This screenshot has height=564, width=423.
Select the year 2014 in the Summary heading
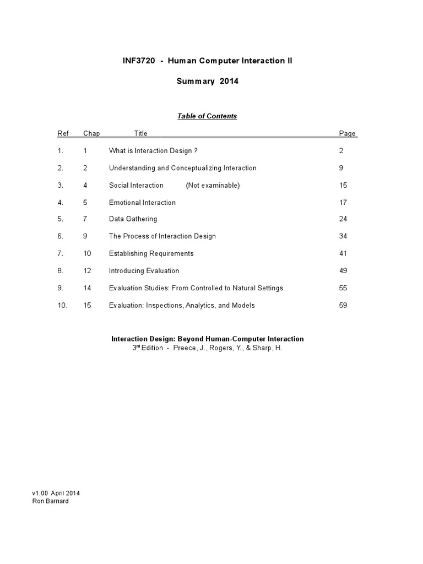pyautogui.click(x=229, y=81)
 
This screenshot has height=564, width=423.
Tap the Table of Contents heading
pyautogui.click(x=207, y=116)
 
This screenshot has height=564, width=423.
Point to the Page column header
pyautogui.click(x=347, y=133)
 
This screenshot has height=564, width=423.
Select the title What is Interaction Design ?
pyautogui.click(x=153, y=150)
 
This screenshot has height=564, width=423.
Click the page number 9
pyautogui.click(x=341, y=168)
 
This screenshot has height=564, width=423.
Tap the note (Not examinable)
pyautogui.click(x=213, y=185)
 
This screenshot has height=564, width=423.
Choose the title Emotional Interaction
pyautogui.click(x=142, y=203)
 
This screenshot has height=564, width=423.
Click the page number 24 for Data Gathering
pyautogui.click(x=344, y=219)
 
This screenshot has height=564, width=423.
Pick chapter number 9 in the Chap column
pyautogui.click(x=85, y=236)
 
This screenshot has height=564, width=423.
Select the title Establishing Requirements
pyautogui.click(x=151, y=253)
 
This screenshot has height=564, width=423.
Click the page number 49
pyautogui.click(x=344, y=271)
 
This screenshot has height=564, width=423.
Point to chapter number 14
pyautogui.click(x=87, y=288)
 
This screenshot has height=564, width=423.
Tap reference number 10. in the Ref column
pyautogui.click(x=62, y=305)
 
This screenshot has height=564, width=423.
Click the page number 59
pyautogui.click(x=344, y=305)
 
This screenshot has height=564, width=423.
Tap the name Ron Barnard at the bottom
pyautogui.click(x=51, y=501)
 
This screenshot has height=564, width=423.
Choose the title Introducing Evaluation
pyautogui.click(x=144, y=271)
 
